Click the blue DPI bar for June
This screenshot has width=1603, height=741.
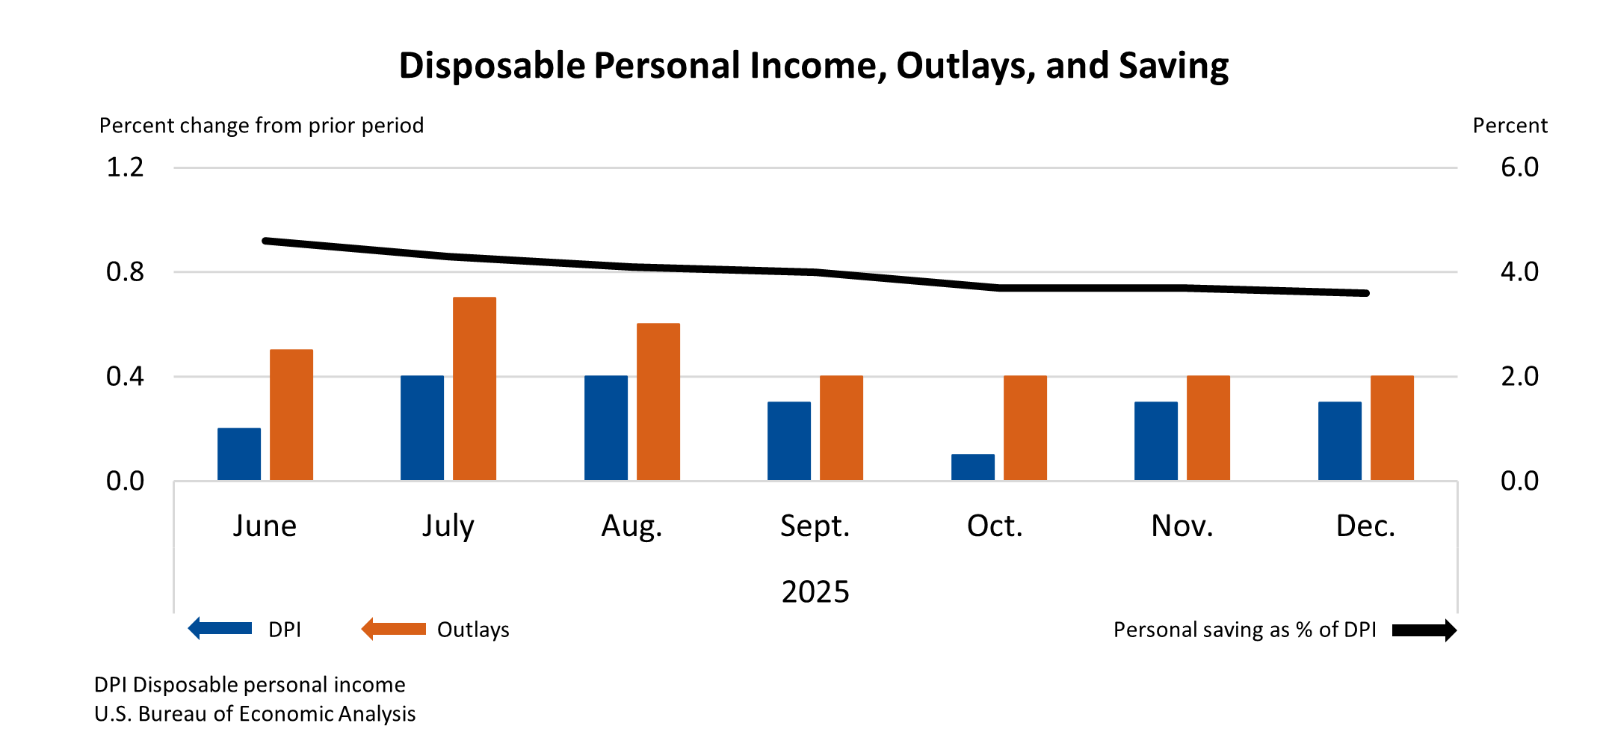(239, 454)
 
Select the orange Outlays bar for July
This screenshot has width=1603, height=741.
(475, 389)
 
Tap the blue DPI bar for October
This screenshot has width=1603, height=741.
(972, 467)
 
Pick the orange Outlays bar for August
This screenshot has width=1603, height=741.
(658, 402)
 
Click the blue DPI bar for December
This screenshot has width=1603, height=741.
(1339, 441)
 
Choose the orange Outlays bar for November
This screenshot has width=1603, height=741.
(1208, 428)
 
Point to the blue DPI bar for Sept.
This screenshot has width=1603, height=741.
(789, 441)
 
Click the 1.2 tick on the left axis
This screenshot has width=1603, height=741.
(125, 167)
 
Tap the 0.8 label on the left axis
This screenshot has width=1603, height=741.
(125, 272)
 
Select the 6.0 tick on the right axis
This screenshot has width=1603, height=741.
(1519, 167)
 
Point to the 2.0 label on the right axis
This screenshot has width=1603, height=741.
(1519, 376)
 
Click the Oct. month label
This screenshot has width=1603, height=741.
(995, 526)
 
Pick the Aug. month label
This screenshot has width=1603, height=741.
(631, 526)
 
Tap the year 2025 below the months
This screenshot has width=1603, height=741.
(815, 592)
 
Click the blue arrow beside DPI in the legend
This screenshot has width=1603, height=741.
(220, 629)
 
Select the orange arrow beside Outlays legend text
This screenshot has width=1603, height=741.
(393, 629)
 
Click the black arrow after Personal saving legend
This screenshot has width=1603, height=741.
(1424, 630)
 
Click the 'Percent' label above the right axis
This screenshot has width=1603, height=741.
(1510, 126)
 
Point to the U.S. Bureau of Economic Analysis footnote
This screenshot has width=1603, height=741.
(255, 714)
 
